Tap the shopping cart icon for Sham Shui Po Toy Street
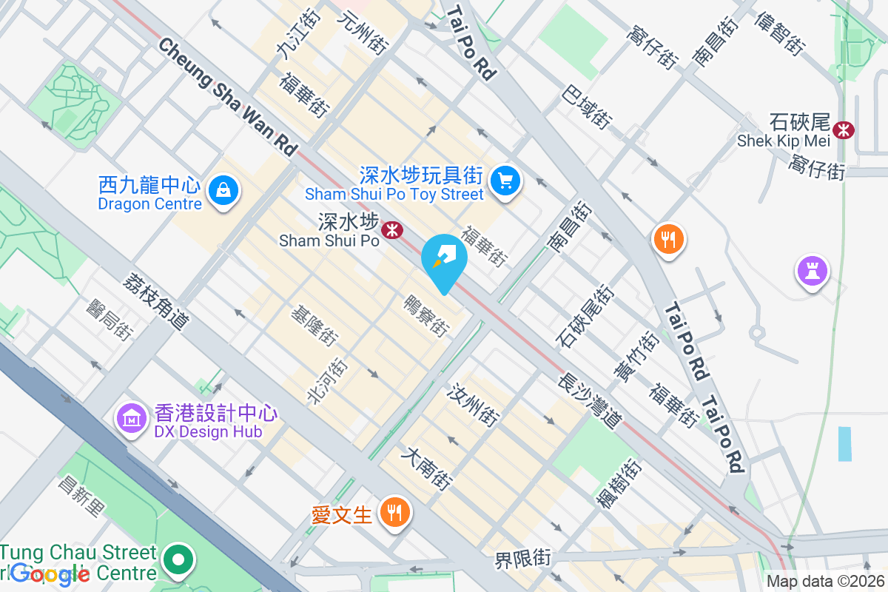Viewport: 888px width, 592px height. click(506, 180)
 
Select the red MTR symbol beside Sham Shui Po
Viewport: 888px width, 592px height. click(391, 231)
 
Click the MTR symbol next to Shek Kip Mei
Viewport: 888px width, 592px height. click(843, 129)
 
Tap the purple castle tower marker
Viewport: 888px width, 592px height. click(812, 271)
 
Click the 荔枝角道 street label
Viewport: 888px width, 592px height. click(156, 301)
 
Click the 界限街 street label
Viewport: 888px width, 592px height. click(523, 558)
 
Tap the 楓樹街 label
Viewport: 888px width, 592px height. click(619, 484)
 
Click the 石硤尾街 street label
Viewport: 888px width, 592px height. click(585, 317)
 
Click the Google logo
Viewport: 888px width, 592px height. click(50, 574)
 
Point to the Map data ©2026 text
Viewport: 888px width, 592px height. click(824, 582)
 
